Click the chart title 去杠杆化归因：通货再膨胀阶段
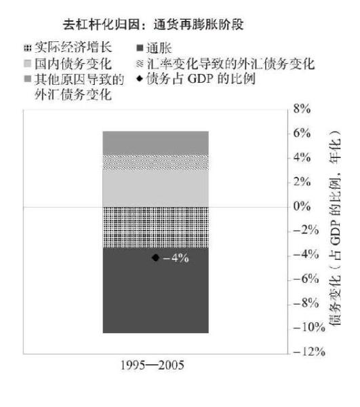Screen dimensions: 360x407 153,24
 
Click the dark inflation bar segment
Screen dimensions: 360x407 156,290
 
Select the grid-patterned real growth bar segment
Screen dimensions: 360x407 156,227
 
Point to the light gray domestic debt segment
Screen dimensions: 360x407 156,189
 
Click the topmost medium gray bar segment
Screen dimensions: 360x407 156,142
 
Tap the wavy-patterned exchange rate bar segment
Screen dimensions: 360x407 156,163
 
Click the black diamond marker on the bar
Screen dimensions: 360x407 156,258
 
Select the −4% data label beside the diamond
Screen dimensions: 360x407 176,258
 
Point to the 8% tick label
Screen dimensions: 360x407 302,109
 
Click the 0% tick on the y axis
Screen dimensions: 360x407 302,206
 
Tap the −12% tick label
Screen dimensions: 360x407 309,351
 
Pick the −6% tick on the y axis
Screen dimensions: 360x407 306,279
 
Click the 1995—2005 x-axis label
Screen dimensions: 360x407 153,366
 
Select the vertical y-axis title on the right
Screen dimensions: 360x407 335,228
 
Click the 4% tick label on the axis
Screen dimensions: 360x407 302,157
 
